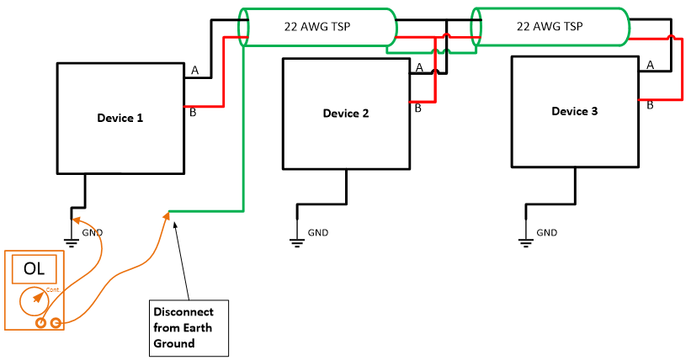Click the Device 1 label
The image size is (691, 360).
coord(120,118)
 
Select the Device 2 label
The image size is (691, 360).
coord(346,114)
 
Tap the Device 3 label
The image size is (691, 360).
coord(575,111)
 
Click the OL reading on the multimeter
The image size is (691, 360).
coord(34,269)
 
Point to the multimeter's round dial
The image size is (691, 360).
coord(34,299)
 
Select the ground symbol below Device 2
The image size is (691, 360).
coord(296,243)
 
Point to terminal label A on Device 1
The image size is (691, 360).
coord(194,71)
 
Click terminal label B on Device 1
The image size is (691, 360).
coord(194,113)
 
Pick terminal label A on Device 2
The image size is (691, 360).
coord(419,68)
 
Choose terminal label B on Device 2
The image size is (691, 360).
coord(418,107)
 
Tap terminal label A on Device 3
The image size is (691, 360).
coord(650,65)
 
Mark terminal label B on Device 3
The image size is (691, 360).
coord(650,105)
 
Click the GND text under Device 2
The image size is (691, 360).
coord(318,233)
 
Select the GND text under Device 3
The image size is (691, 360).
coord(547,232)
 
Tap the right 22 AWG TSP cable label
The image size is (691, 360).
coord(550,26)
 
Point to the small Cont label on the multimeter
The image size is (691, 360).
coord(52,289)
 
